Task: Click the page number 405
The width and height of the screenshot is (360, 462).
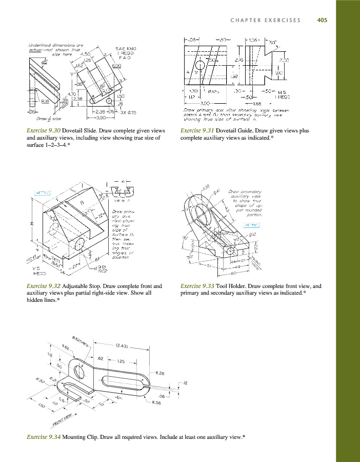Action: [322, 21]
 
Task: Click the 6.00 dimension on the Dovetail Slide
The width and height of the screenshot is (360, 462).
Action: [116, 66]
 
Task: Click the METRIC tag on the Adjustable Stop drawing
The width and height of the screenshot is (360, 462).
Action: [43, 193]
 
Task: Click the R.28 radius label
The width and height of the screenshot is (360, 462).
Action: [159, 373]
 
